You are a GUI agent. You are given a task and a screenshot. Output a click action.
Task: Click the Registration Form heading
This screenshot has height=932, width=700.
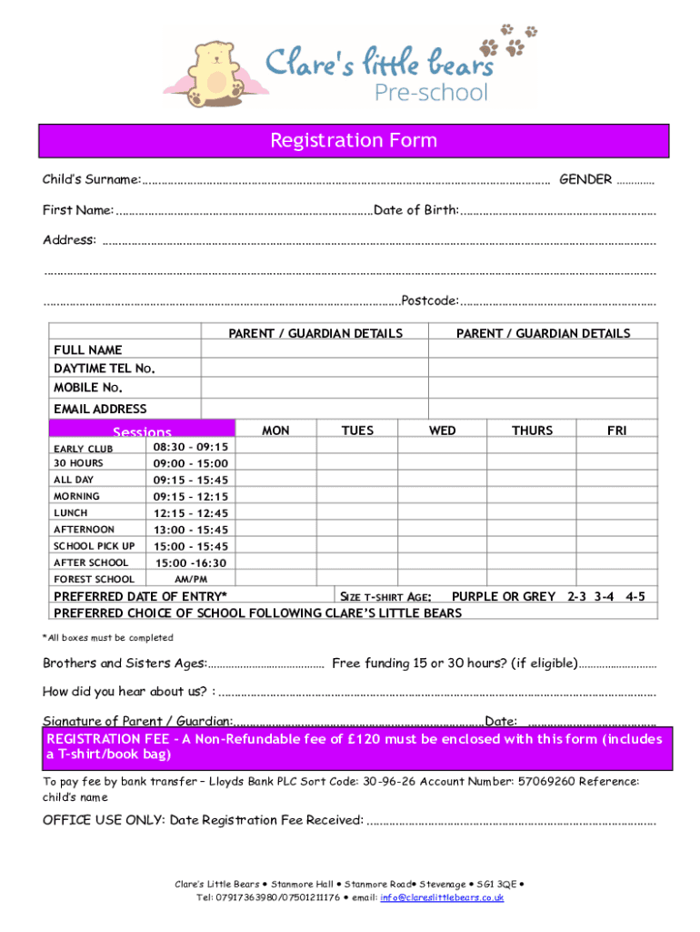pyautogui.click(x=354, y=141)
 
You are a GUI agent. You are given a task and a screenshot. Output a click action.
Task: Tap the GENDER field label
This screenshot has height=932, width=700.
pyautogui.click(x=585, y=179)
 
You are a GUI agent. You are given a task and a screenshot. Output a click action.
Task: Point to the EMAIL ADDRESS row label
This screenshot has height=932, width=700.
pyautogui.click(x=100, y=410)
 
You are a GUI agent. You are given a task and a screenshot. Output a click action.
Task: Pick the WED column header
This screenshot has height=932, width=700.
pyautogui.click(x=443, y=431)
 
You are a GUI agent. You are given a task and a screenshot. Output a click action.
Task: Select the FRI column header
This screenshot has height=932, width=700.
pyautogui.click(x=616, y=431)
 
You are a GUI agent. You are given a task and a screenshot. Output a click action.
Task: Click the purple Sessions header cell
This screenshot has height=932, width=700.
pyautogui.click(x=142, y=432)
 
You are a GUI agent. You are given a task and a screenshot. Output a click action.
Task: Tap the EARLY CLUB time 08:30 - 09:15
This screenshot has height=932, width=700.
pyautogui.click(x=191, y=447)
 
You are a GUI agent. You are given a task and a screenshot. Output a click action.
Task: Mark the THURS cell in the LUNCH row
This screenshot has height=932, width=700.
pyautogui.click(x=531, y=512)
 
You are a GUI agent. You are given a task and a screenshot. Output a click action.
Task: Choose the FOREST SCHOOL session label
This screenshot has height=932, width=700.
pyautogui.click(x=94, y=579)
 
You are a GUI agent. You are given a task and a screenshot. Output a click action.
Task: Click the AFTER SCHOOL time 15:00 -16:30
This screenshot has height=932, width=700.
pyautogui.click(x=191, y=562)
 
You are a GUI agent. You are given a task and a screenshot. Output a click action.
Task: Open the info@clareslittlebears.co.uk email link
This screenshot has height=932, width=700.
pyautogui.click(x=442, y=897)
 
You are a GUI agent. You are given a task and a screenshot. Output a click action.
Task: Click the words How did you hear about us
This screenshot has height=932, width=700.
pyautogui.click(x=124, y=691)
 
